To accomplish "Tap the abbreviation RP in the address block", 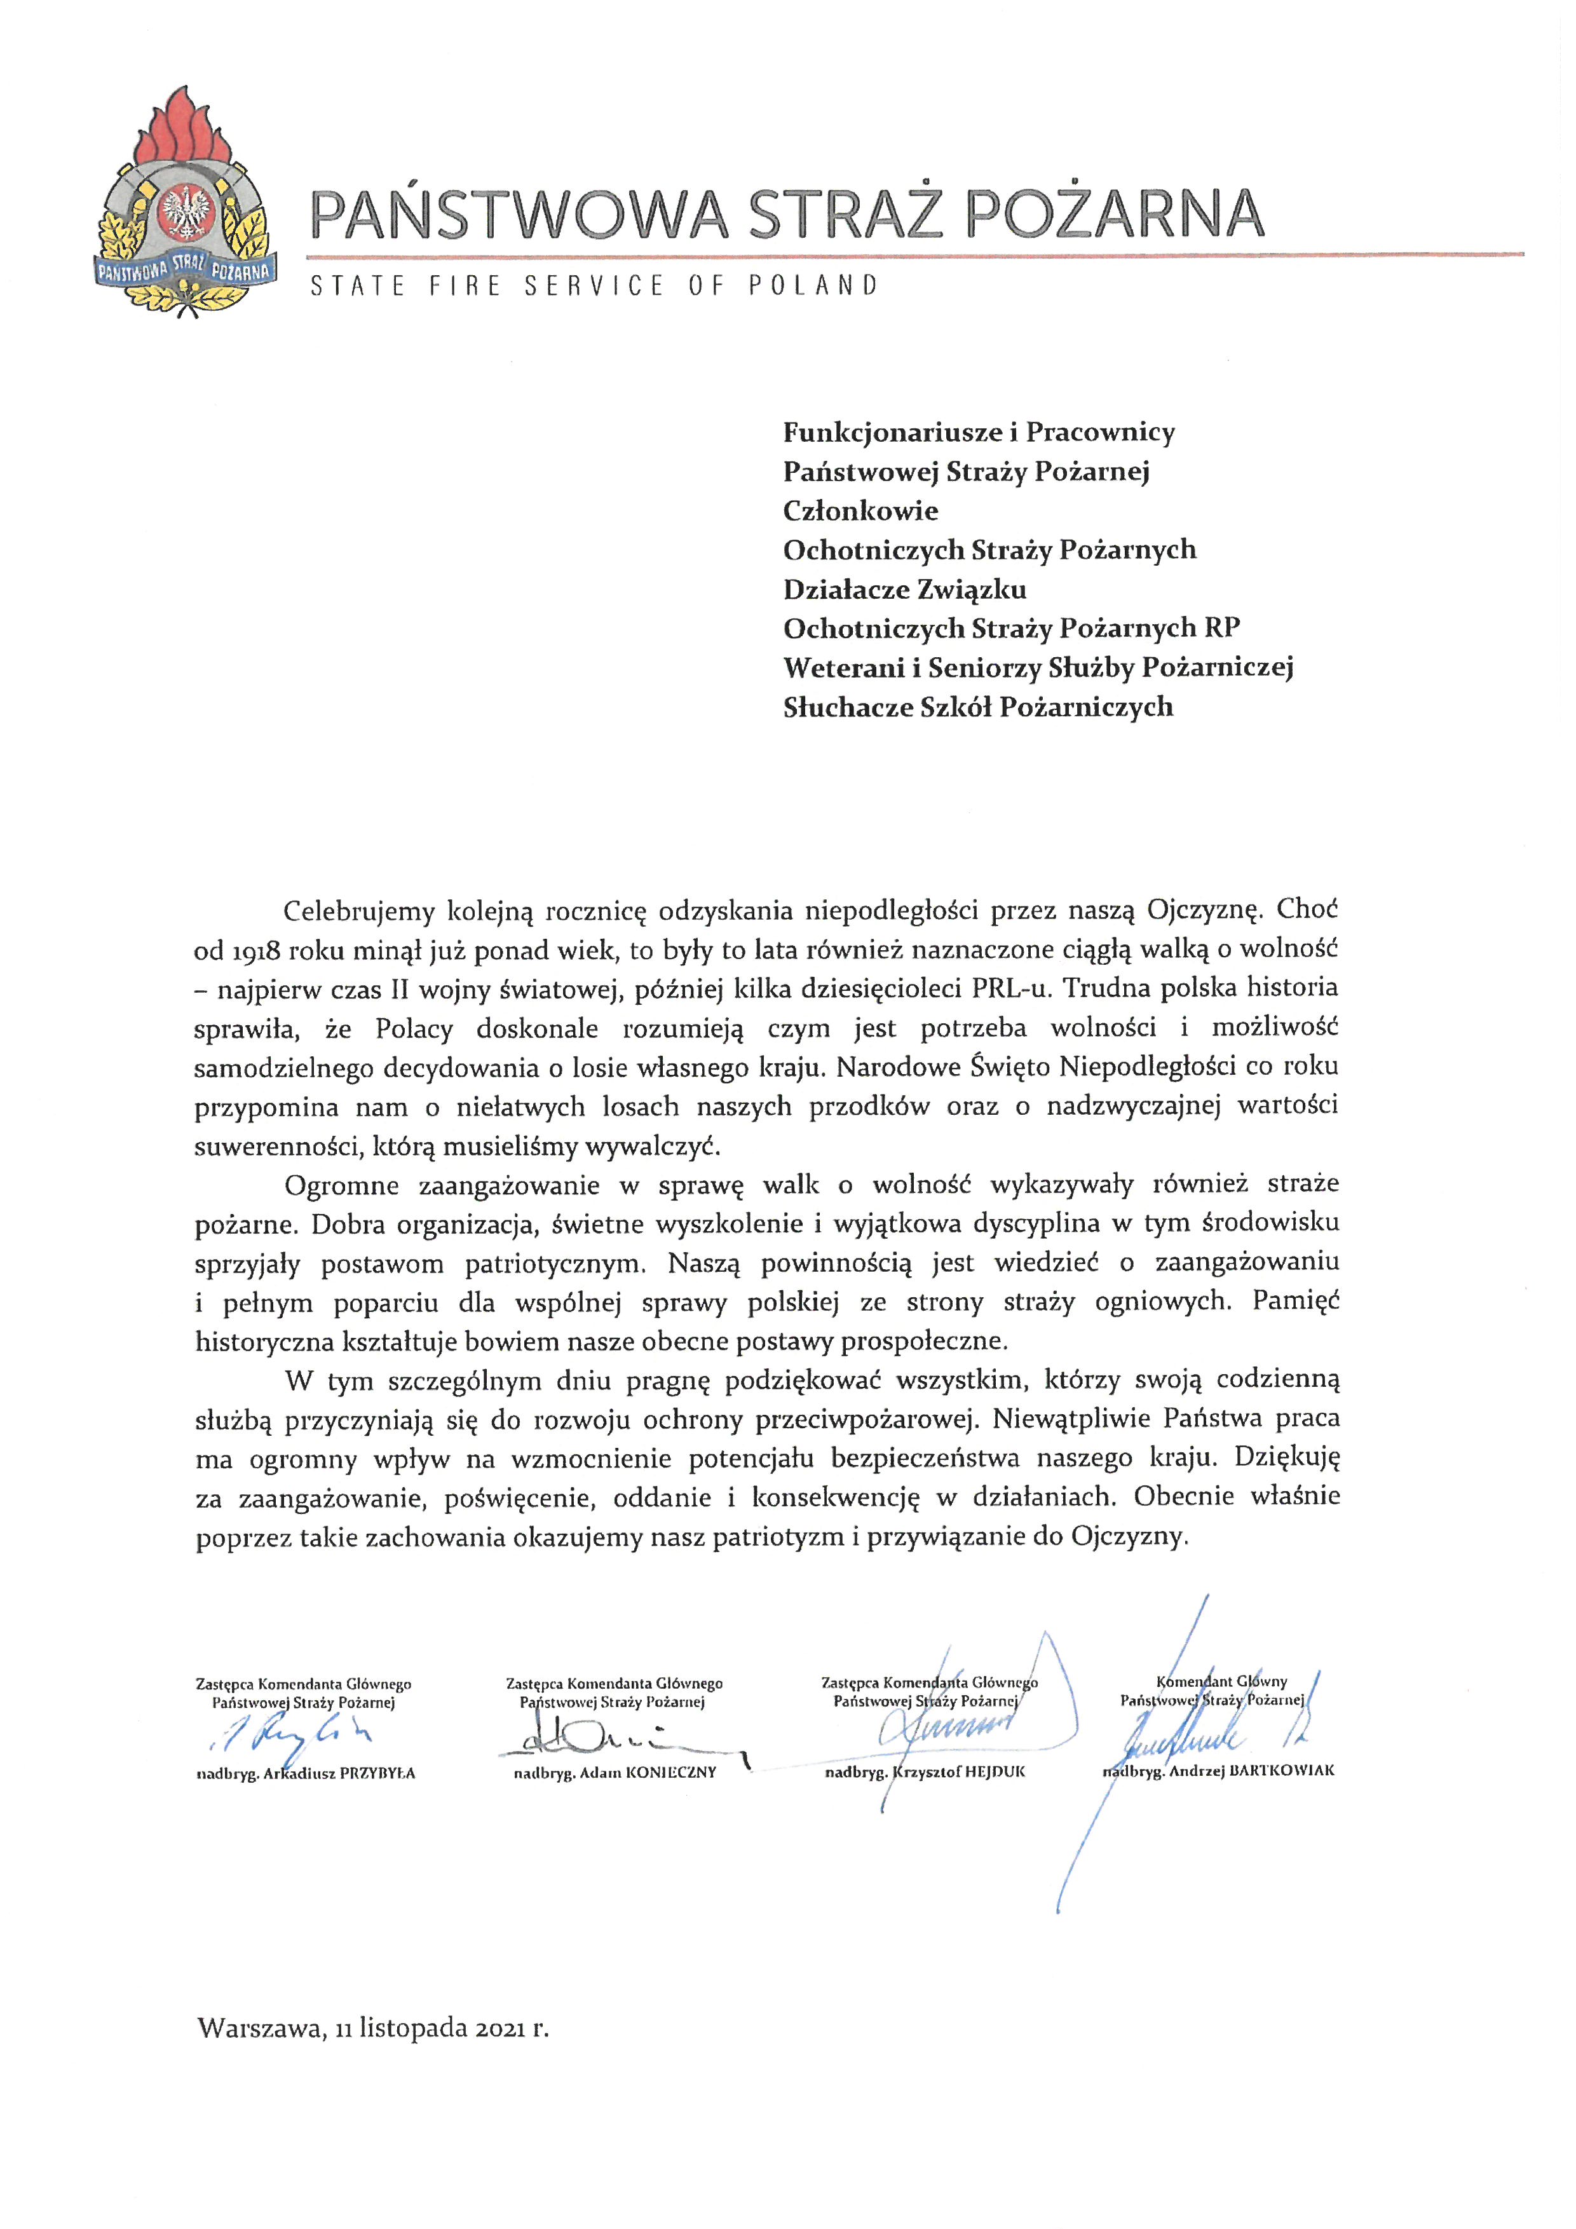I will pos(1222,628).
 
